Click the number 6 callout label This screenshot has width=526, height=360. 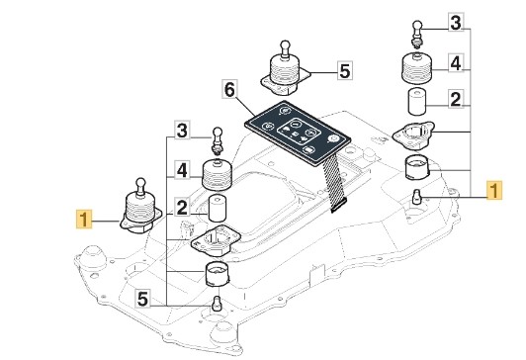[x=230, y=89]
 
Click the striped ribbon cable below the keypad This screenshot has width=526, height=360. [x=332, y=182]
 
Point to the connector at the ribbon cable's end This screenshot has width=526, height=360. [x=338, y=206]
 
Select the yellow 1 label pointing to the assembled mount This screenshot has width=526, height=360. [x=84, y=220]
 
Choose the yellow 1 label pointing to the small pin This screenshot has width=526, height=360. [x=493, y=190]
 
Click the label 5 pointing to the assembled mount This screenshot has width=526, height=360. [x=345, y=70]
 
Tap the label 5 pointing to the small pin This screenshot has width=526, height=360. [x=143, y=299]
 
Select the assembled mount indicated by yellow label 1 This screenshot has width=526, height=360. [x=140, y=207]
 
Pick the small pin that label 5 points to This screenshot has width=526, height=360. [x=217, y=303]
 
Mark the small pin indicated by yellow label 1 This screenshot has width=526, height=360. [x=417, y=196]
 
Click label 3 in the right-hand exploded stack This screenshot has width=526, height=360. [x=456, y=23]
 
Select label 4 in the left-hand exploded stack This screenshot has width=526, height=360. [x=182, y=170]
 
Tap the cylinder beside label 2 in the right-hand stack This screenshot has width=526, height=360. [x=417, y=101]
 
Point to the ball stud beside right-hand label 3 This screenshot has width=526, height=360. [x=417, y=34]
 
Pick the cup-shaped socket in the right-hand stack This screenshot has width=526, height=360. [x=417, y=168]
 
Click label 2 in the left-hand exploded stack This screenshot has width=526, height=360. [x=182, y=207]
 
